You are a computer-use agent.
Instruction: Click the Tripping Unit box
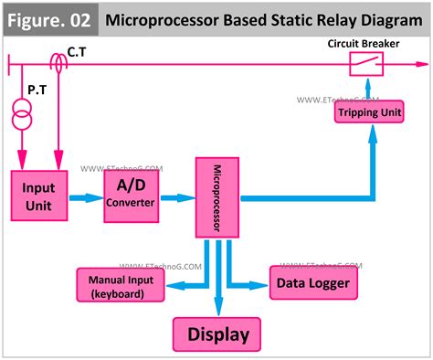(x=371, y=112)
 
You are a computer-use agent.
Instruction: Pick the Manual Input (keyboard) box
(x=120, y=285)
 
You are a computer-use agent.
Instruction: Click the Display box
(x=217, y=334)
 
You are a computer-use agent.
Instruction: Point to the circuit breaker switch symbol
(x=367, y=63)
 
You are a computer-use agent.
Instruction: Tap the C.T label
(x=79, y=53)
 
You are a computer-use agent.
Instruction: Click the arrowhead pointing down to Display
(x=217, y=309)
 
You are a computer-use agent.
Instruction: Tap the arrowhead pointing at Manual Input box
(x=172, y=285)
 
